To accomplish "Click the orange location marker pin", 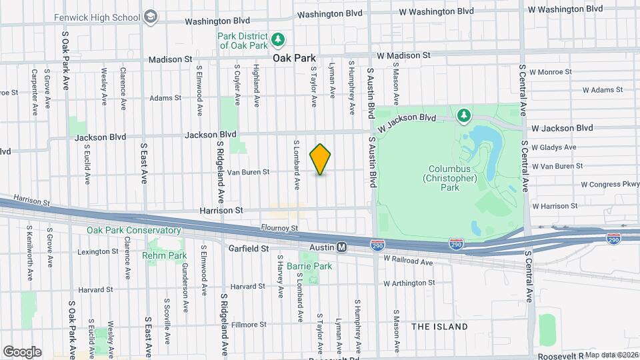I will [x=321, y=159].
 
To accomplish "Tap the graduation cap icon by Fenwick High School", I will [x=151, y=15].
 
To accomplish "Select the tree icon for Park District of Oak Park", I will [x=279, y=40].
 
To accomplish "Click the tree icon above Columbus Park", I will [x=463, y=116].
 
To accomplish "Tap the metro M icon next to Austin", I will [x=341, y=247].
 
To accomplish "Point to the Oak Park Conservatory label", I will [x=133, y=231].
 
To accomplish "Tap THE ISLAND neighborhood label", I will [x=439, y=327].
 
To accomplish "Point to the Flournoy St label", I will [x=279, y=228].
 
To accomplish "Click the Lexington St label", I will [x=97, y=252].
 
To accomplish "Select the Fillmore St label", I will [x=248, y=325].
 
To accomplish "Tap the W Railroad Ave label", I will [x=409, y=261].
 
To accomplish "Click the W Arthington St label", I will [x=409, y=283].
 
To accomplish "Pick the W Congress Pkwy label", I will [x=609, y=184].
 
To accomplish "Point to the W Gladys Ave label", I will [x=554, y=147].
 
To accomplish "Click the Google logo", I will [x=22, y=351].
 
